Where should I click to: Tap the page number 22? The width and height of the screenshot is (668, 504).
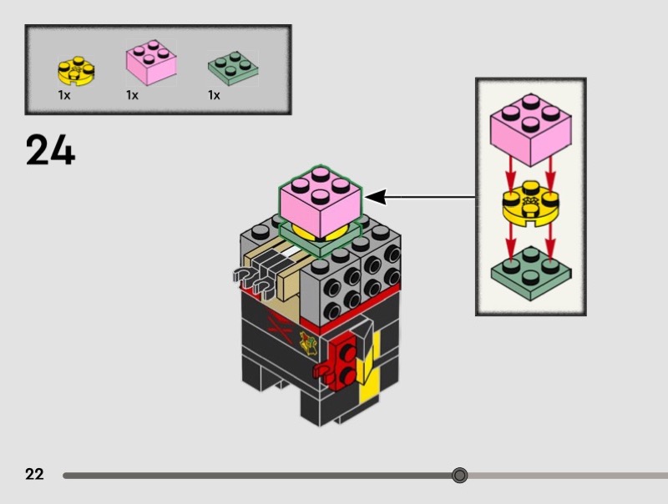[x=34, y=475]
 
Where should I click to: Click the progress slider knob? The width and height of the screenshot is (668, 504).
[x=459, y=476]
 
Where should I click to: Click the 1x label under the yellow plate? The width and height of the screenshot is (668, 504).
[x=63, y=95]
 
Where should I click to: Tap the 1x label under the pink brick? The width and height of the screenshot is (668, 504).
[x=132, y=95]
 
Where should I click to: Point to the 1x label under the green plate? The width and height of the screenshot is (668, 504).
[x=214, y=95]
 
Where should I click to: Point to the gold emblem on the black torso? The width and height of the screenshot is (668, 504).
[x=309, y=342]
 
